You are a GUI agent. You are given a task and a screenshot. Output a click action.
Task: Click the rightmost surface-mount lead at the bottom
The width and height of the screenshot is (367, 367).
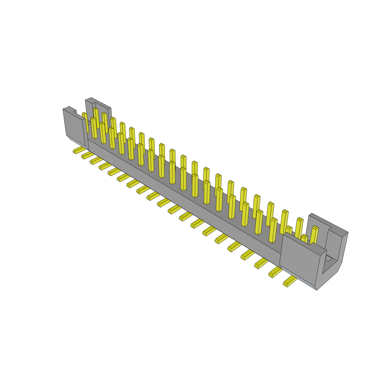coord(290,282)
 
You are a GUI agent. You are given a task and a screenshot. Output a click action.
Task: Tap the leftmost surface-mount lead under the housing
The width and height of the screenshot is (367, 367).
coord(78,150)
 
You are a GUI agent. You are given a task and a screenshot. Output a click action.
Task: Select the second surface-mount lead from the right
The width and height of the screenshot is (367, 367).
coord(275,272)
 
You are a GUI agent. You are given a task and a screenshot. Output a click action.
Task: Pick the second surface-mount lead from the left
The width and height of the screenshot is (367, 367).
coord(87,155)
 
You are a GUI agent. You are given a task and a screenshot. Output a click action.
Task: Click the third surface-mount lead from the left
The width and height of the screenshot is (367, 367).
coord(95,161)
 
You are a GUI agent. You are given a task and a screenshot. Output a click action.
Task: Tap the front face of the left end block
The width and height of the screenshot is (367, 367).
coord(73,124)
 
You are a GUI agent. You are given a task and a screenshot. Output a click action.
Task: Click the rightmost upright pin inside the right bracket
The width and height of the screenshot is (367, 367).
coord(314,235)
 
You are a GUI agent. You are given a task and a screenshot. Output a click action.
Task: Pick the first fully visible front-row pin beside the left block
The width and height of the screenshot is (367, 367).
coord(94,128)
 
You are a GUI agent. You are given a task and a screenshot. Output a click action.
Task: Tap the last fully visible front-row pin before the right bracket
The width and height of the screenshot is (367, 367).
coord(273,229)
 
